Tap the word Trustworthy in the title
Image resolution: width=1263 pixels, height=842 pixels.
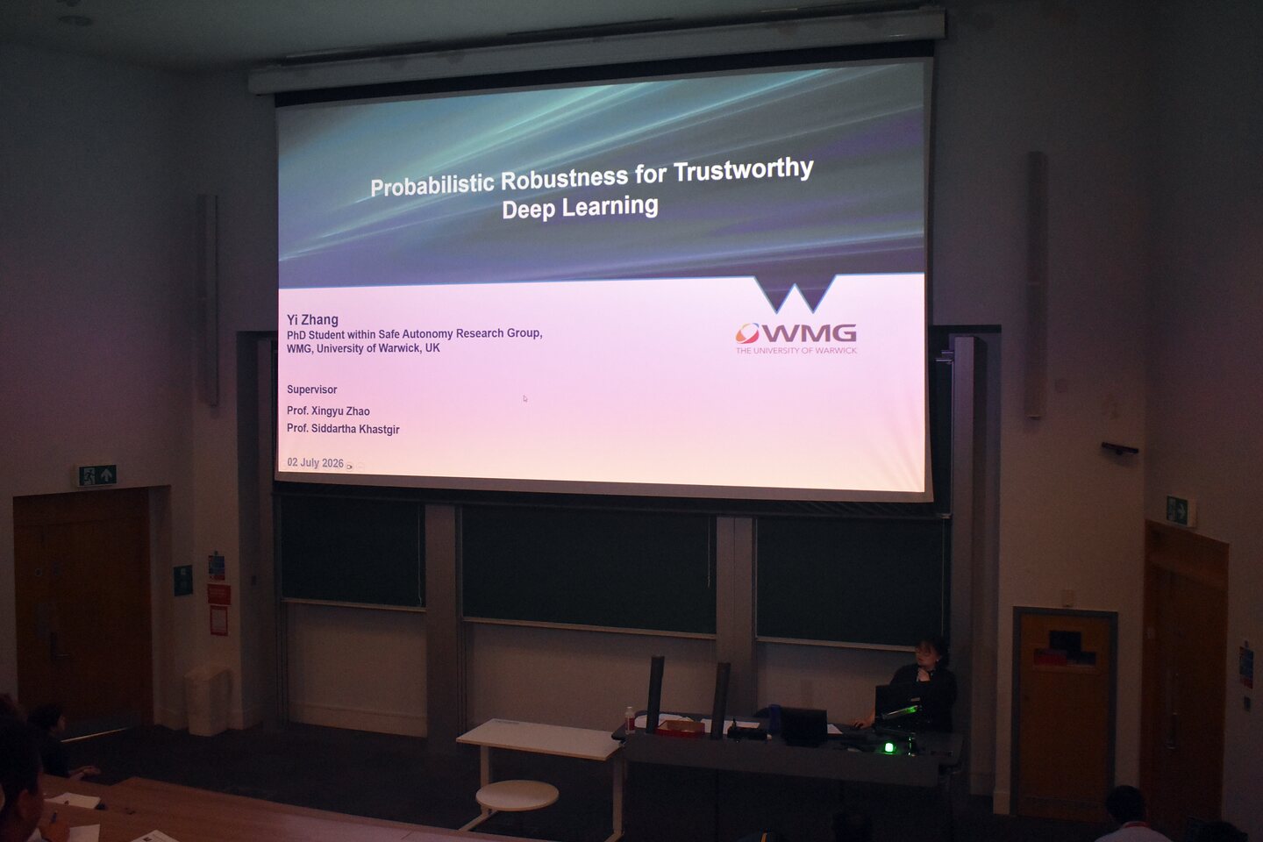743,170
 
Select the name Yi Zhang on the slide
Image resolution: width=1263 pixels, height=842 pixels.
312,320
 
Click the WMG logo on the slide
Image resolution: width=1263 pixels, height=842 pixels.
796,332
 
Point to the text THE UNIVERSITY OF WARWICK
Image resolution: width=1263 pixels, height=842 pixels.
796,350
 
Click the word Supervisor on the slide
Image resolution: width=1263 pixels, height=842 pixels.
312,389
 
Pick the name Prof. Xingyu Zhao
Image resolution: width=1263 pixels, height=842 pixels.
328,411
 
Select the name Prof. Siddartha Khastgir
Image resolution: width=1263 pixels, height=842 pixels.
343,429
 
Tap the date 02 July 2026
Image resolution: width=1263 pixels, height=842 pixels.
315,462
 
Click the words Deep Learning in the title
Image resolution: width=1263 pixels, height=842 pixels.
581,207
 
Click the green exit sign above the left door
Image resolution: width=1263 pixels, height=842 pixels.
97,475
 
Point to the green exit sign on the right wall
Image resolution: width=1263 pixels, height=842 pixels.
1177,510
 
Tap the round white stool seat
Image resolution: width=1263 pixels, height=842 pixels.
517,795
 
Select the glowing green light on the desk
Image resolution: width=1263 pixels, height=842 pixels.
889,748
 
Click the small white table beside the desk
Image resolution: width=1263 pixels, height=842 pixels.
539,739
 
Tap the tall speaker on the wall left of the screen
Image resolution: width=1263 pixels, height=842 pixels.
210,301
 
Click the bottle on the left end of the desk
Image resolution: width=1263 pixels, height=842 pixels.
630,720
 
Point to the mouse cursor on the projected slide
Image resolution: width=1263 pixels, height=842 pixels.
524,398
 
